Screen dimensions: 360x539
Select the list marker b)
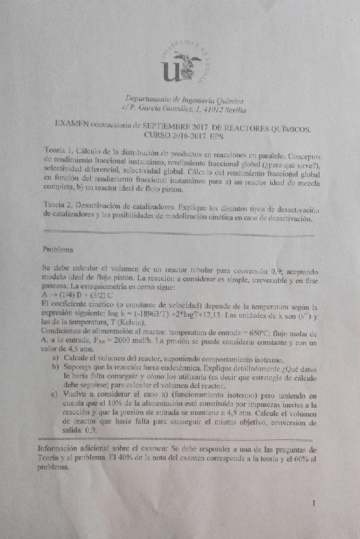click(x=56, y=367)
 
